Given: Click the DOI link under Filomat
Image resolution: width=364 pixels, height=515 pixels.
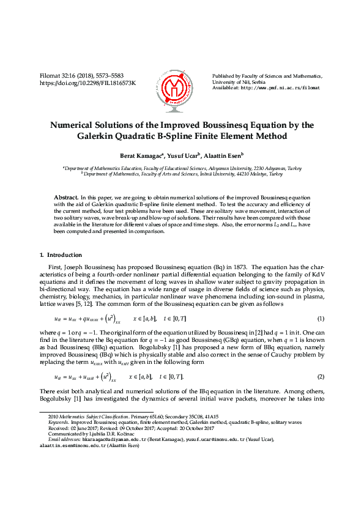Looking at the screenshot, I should pos(87,83).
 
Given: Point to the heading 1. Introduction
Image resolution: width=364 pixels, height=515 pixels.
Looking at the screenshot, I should pos(64,254).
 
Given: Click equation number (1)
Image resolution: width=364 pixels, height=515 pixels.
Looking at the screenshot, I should pos(320,319).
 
